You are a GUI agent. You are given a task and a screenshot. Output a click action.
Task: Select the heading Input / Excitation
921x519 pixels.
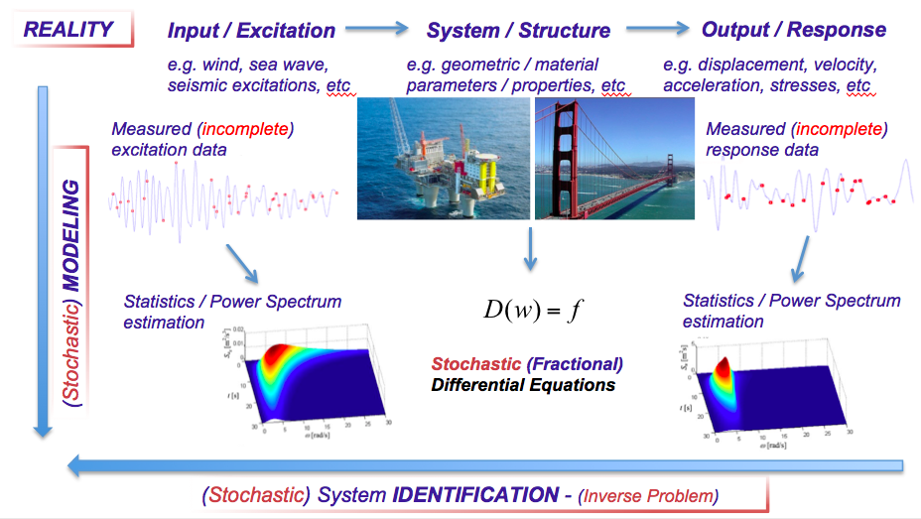[251, 30]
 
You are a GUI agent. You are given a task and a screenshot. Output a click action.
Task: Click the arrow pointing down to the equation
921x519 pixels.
[530, 248]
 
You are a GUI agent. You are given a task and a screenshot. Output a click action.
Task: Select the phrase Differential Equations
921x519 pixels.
[523, 384]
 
